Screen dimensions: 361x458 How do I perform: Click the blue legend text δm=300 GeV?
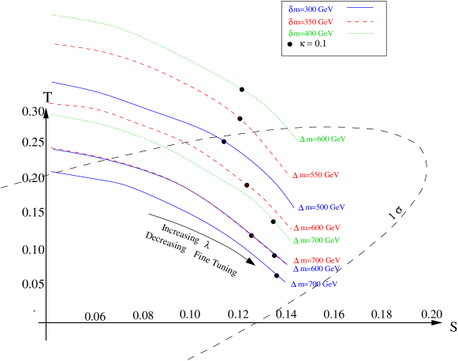coord(311,9)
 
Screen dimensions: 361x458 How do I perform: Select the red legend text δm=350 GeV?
coord(311,21)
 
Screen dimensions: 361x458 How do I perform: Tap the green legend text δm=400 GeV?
coord(311,34)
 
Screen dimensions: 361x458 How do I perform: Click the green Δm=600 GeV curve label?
coord(322,139)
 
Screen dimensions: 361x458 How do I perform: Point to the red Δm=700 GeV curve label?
coord(317,260)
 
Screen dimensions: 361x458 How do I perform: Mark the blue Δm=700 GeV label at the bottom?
coord(315,284)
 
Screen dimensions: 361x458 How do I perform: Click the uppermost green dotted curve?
coord(158,45)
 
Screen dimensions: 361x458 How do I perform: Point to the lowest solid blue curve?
coord(158,197)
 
